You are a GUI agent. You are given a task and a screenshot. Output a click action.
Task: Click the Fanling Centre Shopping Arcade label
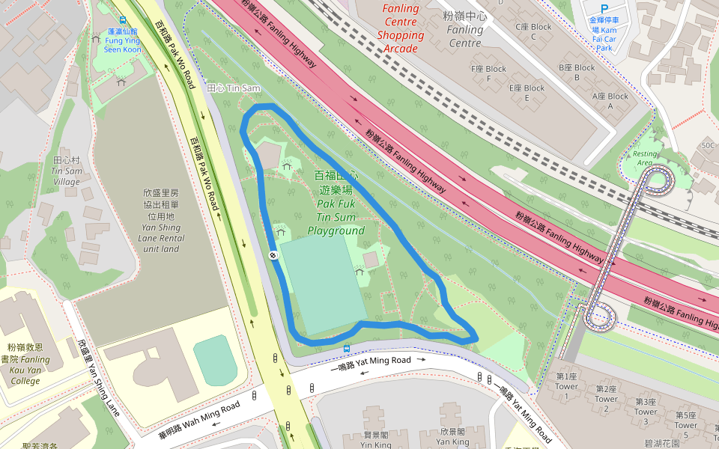tap(401, 28)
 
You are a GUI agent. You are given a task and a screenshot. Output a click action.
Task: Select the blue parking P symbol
tap(604, 8)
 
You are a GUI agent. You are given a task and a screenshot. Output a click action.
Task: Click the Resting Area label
tap(645, 157)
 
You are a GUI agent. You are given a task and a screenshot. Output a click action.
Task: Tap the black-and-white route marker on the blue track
tap(273, 255)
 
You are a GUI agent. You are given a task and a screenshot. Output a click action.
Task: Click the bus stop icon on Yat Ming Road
tap(346, 349)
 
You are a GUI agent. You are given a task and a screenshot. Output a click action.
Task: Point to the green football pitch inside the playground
tap(324, 284)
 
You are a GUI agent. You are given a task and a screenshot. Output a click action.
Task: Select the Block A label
tap(610, 101)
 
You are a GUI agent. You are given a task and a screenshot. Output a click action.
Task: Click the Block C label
tap(533, 31)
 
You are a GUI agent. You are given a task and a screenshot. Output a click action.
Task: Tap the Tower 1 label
tap(567, 382)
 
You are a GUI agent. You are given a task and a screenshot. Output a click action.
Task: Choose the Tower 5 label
tap(685, 420)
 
